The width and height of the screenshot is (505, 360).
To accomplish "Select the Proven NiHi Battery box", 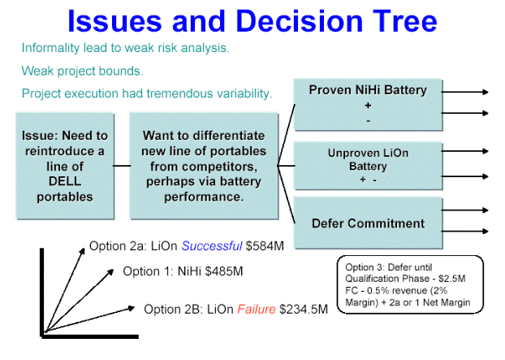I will [368, 104].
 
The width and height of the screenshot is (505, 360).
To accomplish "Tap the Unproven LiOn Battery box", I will [368, 166].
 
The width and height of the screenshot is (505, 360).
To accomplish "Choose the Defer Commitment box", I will [368, 223].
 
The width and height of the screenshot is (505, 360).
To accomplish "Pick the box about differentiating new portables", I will [204, 166].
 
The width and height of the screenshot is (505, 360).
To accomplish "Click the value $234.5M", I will [303, 309].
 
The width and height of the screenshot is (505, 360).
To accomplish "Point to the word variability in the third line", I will [240, 93].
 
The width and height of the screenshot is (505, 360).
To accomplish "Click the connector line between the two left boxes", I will [121, 166].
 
